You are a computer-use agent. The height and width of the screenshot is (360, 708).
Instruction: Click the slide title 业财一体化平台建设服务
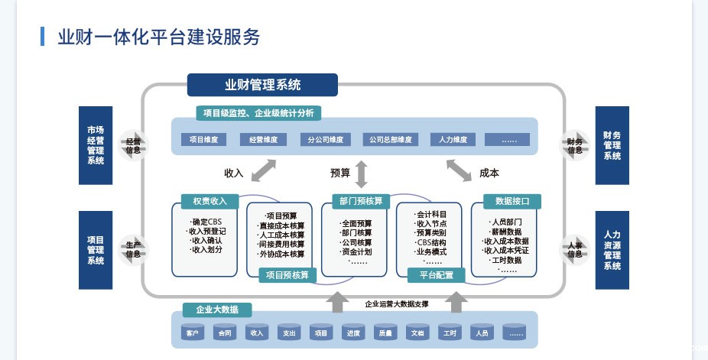[x=159, y=37]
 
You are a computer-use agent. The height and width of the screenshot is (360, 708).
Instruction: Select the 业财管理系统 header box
[x=262, y=85]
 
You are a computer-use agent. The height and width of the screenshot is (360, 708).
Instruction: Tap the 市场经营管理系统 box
[x=96, y=145]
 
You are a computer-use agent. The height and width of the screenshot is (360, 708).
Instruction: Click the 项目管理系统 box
[x=96, y=250]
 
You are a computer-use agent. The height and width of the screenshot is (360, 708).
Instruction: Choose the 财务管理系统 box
[x=612, y=145]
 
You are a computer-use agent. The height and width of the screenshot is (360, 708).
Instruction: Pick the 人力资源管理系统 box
[x=612, y=250]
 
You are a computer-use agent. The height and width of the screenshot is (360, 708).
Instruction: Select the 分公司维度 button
[x=326, y=140]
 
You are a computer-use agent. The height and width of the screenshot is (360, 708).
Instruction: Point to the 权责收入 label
[x=205, y=201]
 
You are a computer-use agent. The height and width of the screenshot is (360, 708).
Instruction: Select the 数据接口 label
[x=512, y=201]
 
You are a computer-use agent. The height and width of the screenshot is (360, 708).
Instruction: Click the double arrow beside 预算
[x=361, y=174]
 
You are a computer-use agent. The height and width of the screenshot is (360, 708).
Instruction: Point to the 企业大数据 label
[x=217, y=310]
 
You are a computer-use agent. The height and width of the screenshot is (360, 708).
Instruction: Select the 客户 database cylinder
[x=191, y=332]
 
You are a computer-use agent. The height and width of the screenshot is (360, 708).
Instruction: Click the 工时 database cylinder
[x=448, y=332]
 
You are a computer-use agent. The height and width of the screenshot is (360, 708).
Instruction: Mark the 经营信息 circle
[x=134, y=145]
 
